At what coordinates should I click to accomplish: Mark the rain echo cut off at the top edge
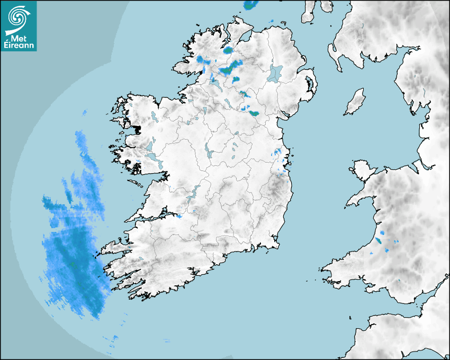250,5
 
